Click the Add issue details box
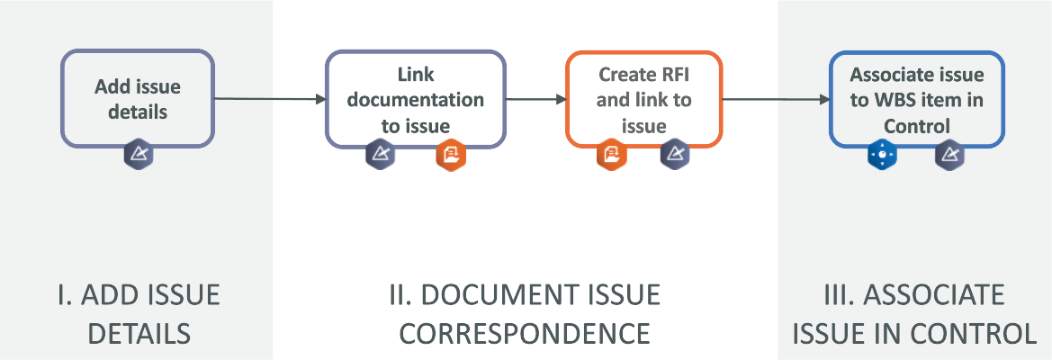coord(138,98)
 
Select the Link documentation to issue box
coord(415,98)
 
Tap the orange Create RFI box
coord(643,98)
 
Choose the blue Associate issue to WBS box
coord(916,99)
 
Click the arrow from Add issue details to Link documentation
coord(270,99)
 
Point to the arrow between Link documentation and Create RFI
coord(535,99)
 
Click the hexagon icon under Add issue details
coord(139,155)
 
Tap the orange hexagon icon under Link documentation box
coord(451,155)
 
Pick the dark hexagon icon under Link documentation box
coord(380,155)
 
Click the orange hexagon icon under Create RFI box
coord(611,155)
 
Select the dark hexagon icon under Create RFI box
coord(675,155)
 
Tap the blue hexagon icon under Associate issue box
coord(883,155)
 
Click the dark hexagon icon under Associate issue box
coord(949,155)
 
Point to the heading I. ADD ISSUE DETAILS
coord(138,314)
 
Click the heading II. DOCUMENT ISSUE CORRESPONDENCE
coord(529,314)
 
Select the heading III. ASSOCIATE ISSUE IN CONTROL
coord(913,314)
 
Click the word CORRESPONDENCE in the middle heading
coord(525,334)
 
